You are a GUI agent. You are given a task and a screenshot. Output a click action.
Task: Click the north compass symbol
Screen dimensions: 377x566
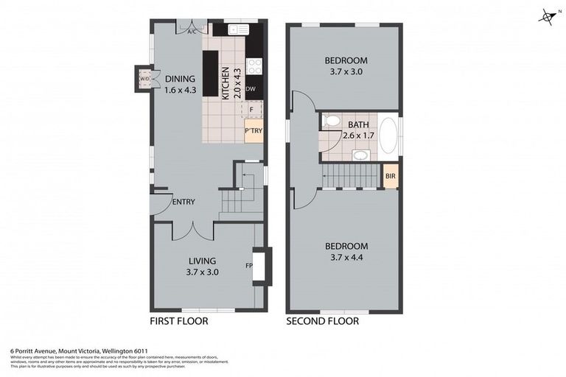(546, 17)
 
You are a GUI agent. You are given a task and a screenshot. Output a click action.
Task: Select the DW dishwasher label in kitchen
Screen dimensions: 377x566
(251, 89)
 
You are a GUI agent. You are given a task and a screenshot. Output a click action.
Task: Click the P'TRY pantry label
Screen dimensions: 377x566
(254, 132)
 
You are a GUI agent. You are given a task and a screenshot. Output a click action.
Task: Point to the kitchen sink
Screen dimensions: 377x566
(238, 29)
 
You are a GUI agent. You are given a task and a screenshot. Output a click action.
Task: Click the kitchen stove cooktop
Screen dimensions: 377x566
(254, 66)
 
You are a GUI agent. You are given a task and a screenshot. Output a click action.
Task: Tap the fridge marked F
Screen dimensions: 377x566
(251, 110)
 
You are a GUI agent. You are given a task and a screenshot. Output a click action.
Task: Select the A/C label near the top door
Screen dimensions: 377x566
(192, 32)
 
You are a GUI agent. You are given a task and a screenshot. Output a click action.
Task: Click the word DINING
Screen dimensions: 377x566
(179, 80)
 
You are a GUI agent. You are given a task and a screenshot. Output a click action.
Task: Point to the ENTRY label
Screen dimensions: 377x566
(183, 202)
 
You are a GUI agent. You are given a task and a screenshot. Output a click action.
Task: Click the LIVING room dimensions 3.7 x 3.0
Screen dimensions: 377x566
(201, 272)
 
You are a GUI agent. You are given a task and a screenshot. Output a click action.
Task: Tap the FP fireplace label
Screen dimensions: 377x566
(248, 265)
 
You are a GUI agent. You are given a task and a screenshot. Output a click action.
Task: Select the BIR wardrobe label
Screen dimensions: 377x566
(390, 177)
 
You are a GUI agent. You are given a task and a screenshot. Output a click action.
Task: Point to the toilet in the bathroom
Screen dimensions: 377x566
(332, 121)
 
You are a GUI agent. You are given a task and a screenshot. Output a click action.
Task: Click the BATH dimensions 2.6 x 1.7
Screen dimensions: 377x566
(358, 135)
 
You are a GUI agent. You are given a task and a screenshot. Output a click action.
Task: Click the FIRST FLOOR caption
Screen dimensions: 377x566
(178, 321)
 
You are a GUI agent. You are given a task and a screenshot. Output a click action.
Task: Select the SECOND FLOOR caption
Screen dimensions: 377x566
(322, 321)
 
